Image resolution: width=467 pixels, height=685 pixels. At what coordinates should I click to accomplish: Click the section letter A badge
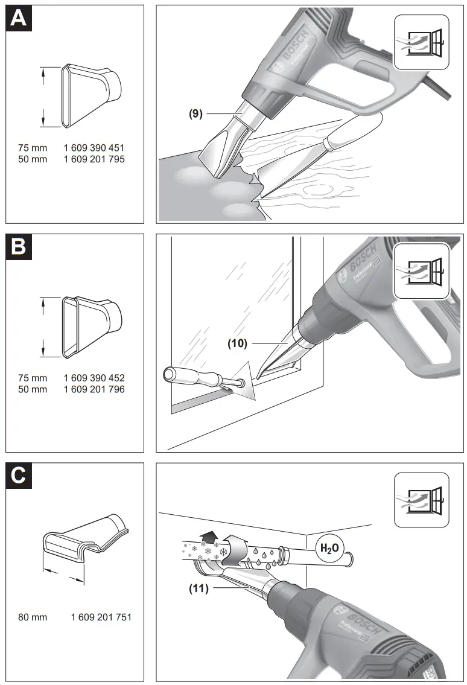tap(19, 18)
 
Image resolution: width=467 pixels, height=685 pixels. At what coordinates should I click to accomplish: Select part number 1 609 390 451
tap(94, 147)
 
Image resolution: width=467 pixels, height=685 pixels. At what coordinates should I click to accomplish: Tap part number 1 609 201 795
tap(94, 159)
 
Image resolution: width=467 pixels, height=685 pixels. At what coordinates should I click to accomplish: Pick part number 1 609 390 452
tap(94, 378)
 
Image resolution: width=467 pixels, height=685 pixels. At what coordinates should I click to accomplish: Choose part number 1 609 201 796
tap(94, 389)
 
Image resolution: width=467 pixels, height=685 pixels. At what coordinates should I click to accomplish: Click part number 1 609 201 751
tap(101, 617)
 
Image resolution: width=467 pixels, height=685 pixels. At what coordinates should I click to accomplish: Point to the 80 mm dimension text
tap(32, 617)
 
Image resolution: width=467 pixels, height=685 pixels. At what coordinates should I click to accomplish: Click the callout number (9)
tap(195, 112)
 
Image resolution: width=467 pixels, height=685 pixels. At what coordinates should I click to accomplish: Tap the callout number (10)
tap(238, 343)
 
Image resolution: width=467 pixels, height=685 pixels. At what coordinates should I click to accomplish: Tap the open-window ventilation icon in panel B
tap(422, 269)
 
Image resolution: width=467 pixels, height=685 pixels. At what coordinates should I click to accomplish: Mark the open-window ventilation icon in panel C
tap(422, 498)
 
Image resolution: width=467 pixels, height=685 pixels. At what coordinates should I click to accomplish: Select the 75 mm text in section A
tap(32, 147)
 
